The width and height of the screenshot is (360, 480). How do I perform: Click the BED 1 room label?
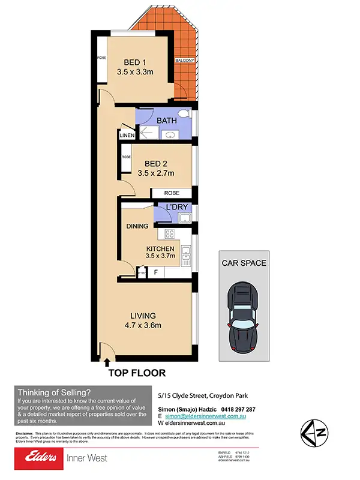tap(136, 62)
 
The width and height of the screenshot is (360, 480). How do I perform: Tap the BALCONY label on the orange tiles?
tap(183, 61)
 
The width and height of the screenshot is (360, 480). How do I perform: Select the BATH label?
tap(166, 121)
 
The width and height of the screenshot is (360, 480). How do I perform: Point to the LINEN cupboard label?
tap(126, 136)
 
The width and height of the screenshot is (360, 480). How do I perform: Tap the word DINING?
tap(137, 226)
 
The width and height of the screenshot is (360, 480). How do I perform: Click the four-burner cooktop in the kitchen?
tap(169, 235)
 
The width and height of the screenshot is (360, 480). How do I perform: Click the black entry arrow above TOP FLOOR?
tap(107, 361)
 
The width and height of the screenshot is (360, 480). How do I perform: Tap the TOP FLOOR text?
tap(137, 373)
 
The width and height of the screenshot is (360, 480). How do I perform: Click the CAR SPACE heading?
tap(244, 263)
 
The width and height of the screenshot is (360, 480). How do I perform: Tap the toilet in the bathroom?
tap(187, 113)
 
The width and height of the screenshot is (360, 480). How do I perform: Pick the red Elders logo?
tap(38, 459)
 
